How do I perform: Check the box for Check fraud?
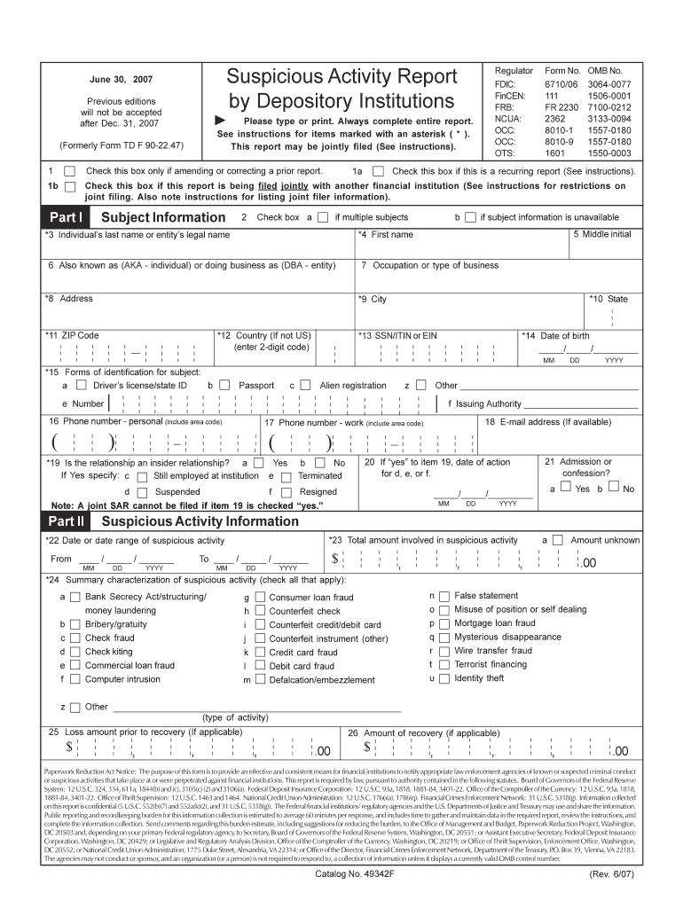(x=76, y=638)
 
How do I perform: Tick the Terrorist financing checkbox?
(x=444, y=664)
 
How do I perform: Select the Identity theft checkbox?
(x=444, y=678)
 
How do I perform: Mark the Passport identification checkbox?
(x=224, y=386)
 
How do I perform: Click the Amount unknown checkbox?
(x=557, y=539)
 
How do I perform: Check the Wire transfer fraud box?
(x=444, y=650)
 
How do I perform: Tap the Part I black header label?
(x=67, y=217)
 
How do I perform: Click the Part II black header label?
(x=67, y=521)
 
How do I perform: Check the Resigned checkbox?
(x=286, y=492)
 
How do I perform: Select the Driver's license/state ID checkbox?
(x=81, y=386)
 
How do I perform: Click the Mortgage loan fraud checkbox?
(x=444, y=623)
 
